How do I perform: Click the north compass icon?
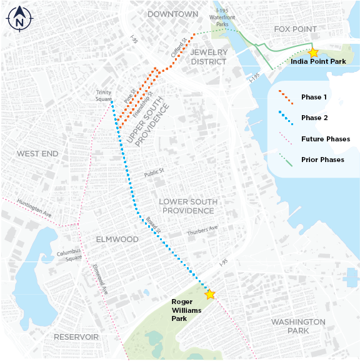[19, 19]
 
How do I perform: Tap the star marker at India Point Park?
[313, 53]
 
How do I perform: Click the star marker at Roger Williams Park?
[210, 294]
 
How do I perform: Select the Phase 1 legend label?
[314, 97]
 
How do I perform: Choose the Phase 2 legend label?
[314, 118]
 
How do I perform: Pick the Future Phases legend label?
[325, 139]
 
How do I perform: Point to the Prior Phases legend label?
[322, 160]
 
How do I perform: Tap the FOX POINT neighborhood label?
[296, 29]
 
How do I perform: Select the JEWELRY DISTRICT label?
[209, 56]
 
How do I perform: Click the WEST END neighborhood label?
[37, 153]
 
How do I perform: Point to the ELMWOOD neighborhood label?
[117, 239]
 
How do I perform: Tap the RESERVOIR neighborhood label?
[76, 337]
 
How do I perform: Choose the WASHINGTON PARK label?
[298, 326]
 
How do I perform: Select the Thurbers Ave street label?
[202, 230]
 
